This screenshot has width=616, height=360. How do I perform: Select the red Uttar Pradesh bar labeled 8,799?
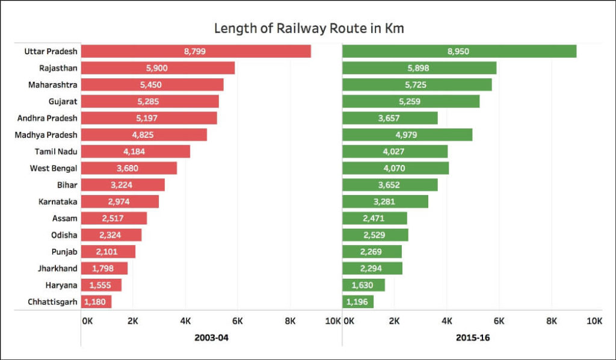click(196, 51)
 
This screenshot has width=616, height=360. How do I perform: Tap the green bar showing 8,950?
click(459, 51)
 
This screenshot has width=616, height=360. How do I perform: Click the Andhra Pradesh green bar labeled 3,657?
click(390, 118)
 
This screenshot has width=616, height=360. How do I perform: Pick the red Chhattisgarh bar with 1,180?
click(96, 302)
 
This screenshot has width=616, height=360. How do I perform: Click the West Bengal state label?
click(54, 168)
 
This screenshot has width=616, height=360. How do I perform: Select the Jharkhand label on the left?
click(57, 268)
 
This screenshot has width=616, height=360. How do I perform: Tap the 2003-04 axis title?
click(211, 338)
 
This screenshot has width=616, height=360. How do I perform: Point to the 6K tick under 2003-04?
click(238, 321)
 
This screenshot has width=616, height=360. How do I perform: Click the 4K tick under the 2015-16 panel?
click(447, 321)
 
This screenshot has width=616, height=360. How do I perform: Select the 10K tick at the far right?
click(594, 321)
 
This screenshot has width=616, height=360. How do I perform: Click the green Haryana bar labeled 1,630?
click(363, 285)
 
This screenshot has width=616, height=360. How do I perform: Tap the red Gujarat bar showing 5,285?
click(150, 101)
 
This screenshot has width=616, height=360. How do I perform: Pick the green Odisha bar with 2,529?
click(375, 235)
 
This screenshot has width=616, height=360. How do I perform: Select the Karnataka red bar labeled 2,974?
click(120, 202)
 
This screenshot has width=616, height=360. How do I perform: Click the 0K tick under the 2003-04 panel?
click(88, 321)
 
